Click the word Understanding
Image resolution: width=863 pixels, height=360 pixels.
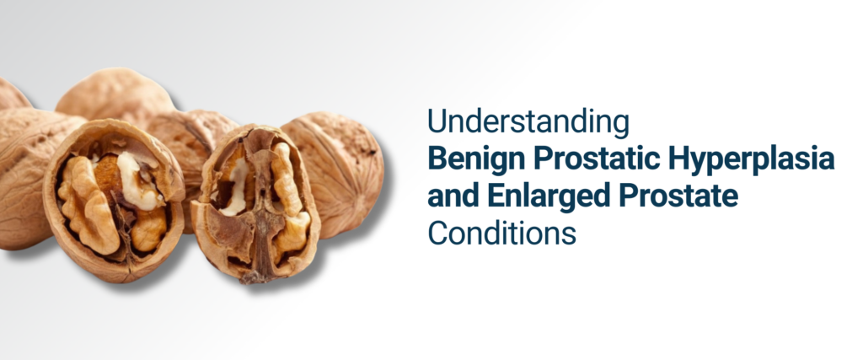point(528,122)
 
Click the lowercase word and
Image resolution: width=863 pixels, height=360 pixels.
point(452,196)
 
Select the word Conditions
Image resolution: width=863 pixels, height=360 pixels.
point(501,233)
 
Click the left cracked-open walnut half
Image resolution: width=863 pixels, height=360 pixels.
point(113,199)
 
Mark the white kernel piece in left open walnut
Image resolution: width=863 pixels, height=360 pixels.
point(135,180)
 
